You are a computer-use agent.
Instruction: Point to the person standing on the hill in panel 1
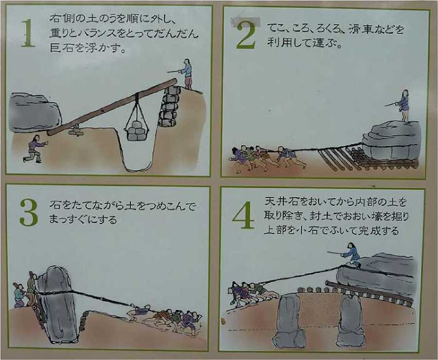[x=187, y=73]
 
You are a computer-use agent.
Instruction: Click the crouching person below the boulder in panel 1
[x=34, y=148]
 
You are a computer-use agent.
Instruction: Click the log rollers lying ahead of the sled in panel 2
[x=336, y=158]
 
